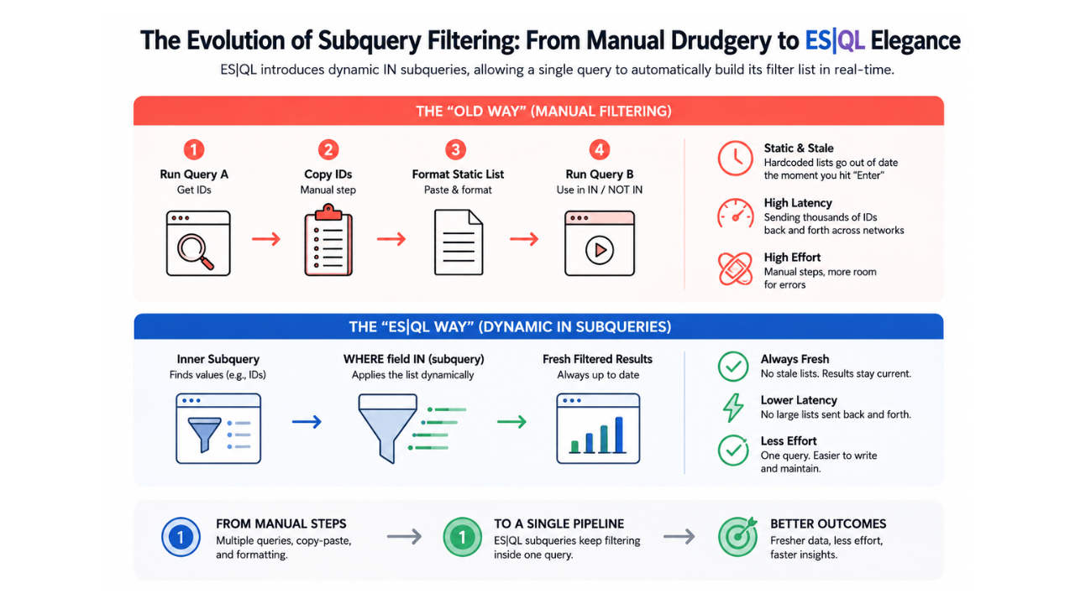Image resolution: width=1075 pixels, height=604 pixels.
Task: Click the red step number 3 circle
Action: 455,149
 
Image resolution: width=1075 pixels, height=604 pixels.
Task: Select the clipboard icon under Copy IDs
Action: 328,240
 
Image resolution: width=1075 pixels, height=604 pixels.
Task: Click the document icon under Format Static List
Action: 459,242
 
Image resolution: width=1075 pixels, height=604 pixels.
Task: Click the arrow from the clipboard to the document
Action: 391,239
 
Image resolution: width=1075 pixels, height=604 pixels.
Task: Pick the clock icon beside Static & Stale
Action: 735,159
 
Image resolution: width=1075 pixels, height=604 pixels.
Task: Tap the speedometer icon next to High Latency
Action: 735,213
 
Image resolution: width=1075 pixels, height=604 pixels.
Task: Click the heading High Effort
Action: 792,258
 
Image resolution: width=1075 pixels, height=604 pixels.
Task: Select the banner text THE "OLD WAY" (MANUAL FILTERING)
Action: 543,112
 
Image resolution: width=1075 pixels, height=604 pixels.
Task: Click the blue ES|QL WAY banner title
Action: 510,327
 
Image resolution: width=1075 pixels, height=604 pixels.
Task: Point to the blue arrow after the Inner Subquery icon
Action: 307,422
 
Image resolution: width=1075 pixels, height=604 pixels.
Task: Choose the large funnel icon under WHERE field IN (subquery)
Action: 388,428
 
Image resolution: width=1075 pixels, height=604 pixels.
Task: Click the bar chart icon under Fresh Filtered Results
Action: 598,429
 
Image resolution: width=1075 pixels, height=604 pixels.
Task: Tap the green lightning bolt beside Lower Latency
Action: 733,408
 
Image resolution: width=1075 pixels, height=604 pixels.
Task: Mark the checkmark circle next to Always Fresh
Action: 733,367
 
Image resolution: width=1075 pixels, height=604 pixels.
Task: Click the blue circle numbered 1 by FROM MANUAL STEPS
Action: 181,537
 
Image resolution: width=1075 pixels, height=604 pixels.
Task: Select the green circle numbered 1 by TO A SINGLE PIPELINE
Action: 462,537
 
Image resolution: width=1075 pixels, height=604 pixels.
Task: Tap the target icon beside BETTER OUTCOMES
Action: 737,537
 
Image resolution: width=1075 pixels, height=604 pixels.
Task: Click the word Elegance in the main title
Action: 915,40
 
